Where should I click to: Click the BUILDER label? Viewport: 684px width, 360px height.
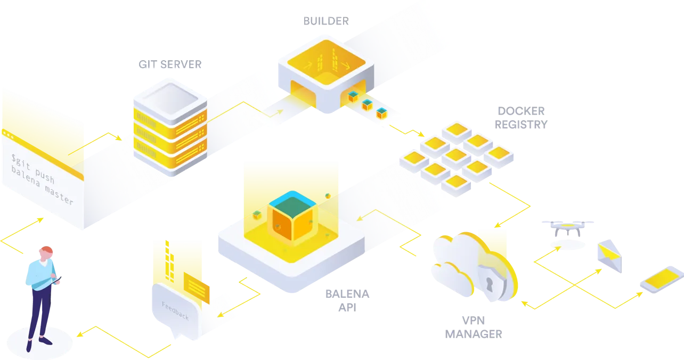coord(325,21)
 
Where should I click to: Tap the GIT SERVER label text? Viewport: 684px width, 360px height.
coord(169,64)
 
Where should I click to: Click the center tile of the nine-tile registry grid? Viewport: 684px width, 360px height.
coord(456,155)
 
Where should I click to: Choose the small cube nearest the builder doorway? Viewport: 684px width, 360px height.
coord(353,96)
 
